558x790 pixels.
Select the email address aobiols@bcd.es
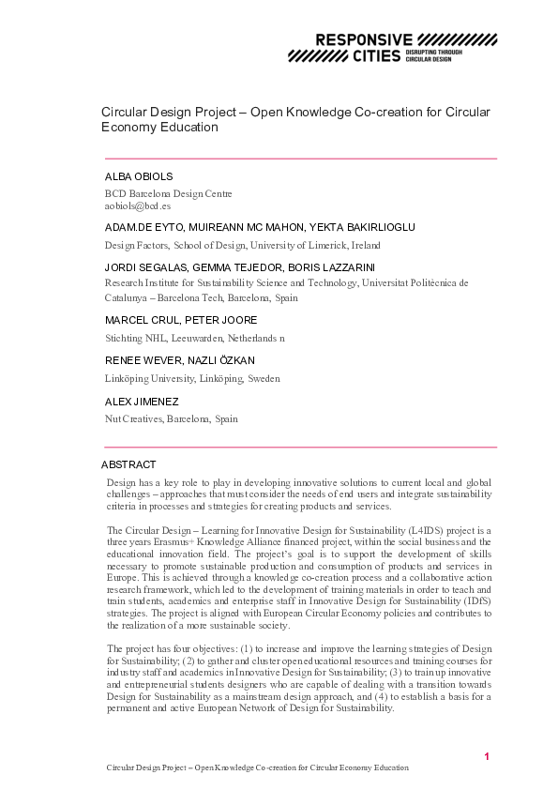(137, 205)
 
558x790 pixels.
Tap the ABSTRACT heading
(128, 464)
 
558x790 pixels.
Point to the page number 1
(487, 756)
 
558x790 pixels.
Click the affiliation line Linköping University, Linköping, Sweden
(191, 378)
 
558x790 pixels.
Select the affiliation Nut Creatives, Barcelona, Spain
(171, 419)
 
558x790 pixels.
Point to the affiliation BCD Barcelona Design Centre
(168, 193)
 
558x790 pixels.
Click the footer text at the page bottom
(255, 767)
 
